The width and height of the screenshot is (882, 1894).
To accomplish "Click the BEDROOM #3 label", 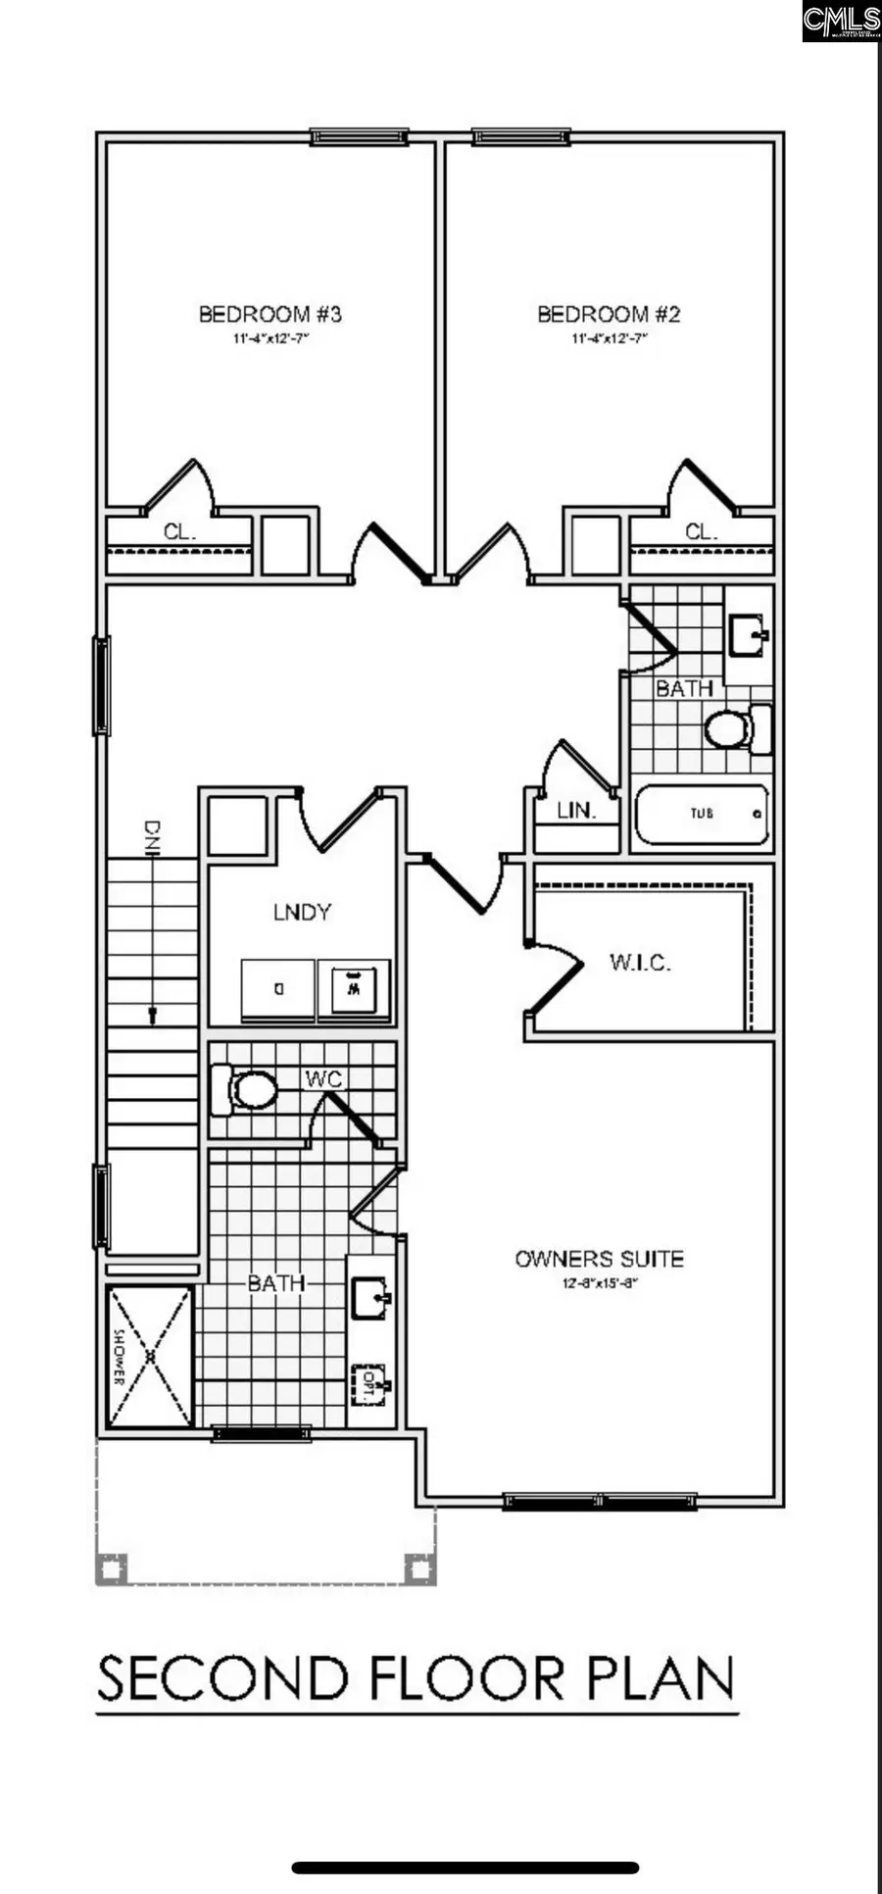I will (269, 315).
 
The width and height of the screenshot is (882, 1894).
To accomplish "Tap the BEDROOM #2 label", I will (609, 315).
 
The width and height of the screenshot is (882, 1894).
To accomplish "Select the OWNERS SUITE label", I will (599, 1259).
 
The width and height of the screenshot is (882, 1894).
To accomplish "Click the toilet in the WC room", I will (245, 1090).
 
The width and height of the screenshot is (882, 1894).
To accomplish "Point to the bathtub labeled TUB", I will (702, 814).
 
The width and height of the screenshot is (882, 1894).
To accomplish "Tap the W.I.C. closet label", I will (640, 963).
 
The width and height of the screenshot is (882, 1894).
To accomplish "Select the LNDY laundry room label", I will (302, 913).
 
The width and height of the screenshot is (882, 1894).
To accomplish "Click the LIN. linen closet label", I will (576, 812).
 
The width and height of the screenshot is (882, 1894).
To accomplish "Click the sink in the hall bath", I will (750, 635).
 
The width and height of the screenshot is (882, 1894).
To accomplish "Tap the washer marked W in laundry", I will (354, 988).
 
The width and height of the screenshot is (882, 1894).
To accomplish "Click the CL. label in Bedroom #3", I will (180, 532).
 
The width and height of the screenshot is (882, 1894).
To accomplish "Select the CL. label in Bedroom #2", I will (701, 532).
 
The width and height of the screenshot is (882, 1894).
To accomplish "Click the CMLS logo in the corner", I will (840, 21).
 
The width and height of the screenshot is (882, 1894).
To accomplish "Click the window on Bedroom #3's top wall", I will (360, 137).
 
